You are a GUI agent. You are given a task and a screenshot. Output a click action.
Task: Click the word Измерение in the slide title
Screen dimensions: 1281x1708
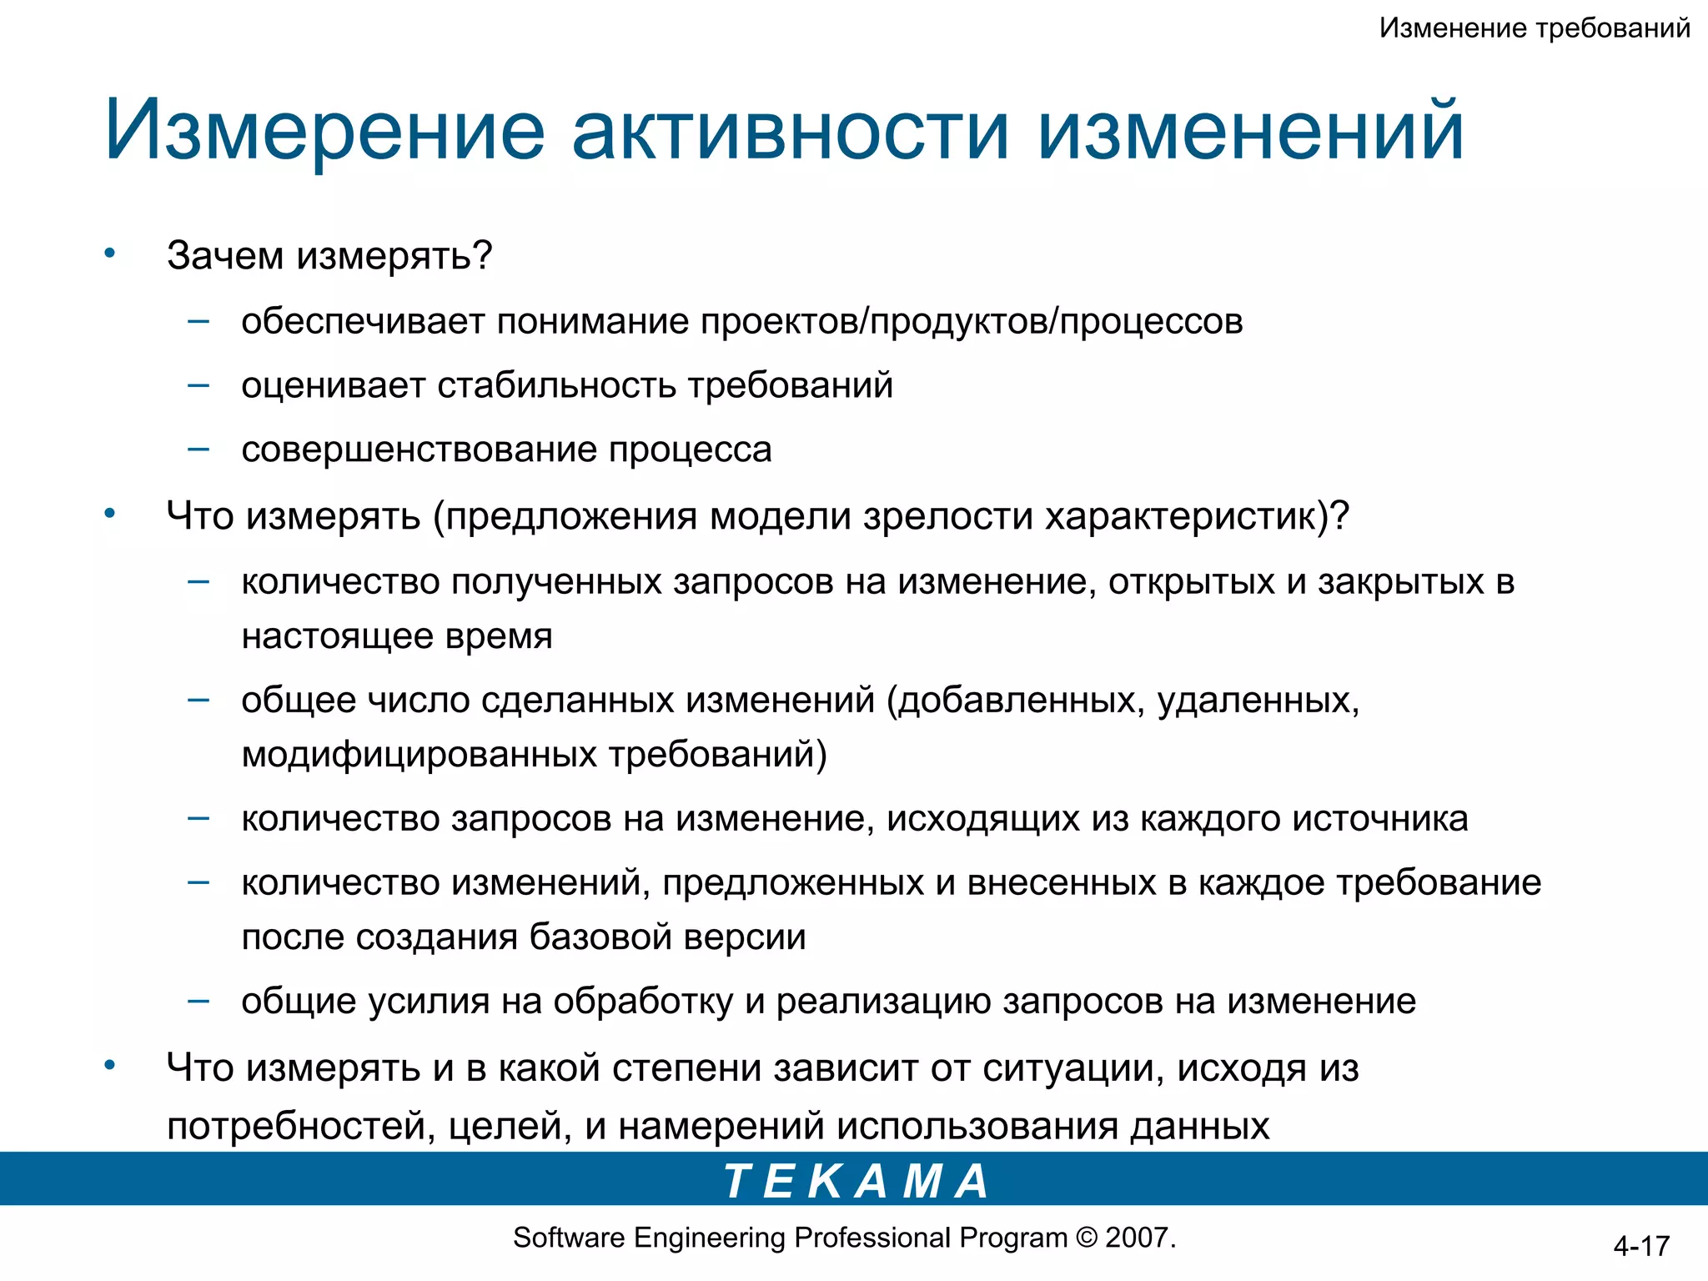pyautogui.click(x=324, y=131)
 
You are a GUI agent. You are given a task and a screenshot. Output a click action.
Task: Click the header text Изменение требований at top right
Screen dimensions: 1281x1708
pyautogui.click(x=1535, y=28)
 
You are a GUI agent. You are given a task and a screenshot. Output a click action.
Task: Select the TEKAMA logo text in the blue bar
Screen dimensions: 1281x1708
pyautogui.click(x=857, y=1181)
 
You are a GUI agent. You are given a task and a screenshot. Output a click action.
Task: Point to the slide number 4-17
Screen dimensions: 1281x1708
pyautogui.click(x=1640, y=1246)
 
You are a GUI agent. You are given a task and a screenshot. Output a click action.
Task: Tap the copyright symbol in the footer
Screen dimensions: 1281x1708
pyautogui.click(x=1087, y=1238)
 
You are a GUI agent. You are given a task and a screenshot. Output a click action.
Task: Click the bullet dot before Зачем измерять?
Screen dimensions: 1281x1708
pyautogui.click(x=109, y=254)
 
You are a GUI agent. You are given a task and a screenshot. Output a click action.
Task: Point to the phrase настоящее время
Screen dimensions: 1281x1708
pyautogui.click(x=397, y=636)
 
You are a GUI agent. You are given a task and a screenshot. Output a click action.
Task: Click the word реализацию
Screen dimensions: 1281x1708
pyautogui.click(x=883, y=1002)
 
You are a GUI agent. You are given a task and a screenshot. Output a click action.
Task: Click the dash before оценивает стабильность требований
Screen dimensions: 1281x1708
pyautogui.click(x=198, y=385)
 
